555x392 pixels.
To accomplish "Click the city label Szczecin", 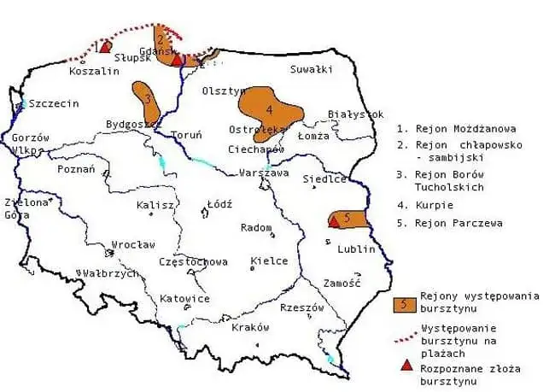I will pyautogui.click(x=53, y=103).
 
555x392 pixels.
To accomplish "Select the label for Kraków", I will pyautogui.click(x=250, y=327).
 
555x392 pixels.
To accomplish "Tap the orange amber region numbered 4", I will pyautogui.click(x=269, y=108).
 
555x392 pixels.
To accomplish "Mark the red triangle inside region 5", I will pyautogui.click(x=333, y=221).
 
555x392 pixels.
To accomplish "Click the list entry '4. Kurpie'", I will pyautogui.click(x=424, y=206).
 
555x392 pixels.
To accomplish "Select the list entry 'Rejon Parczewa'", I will pyautogui.click(x=449, y=224).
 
